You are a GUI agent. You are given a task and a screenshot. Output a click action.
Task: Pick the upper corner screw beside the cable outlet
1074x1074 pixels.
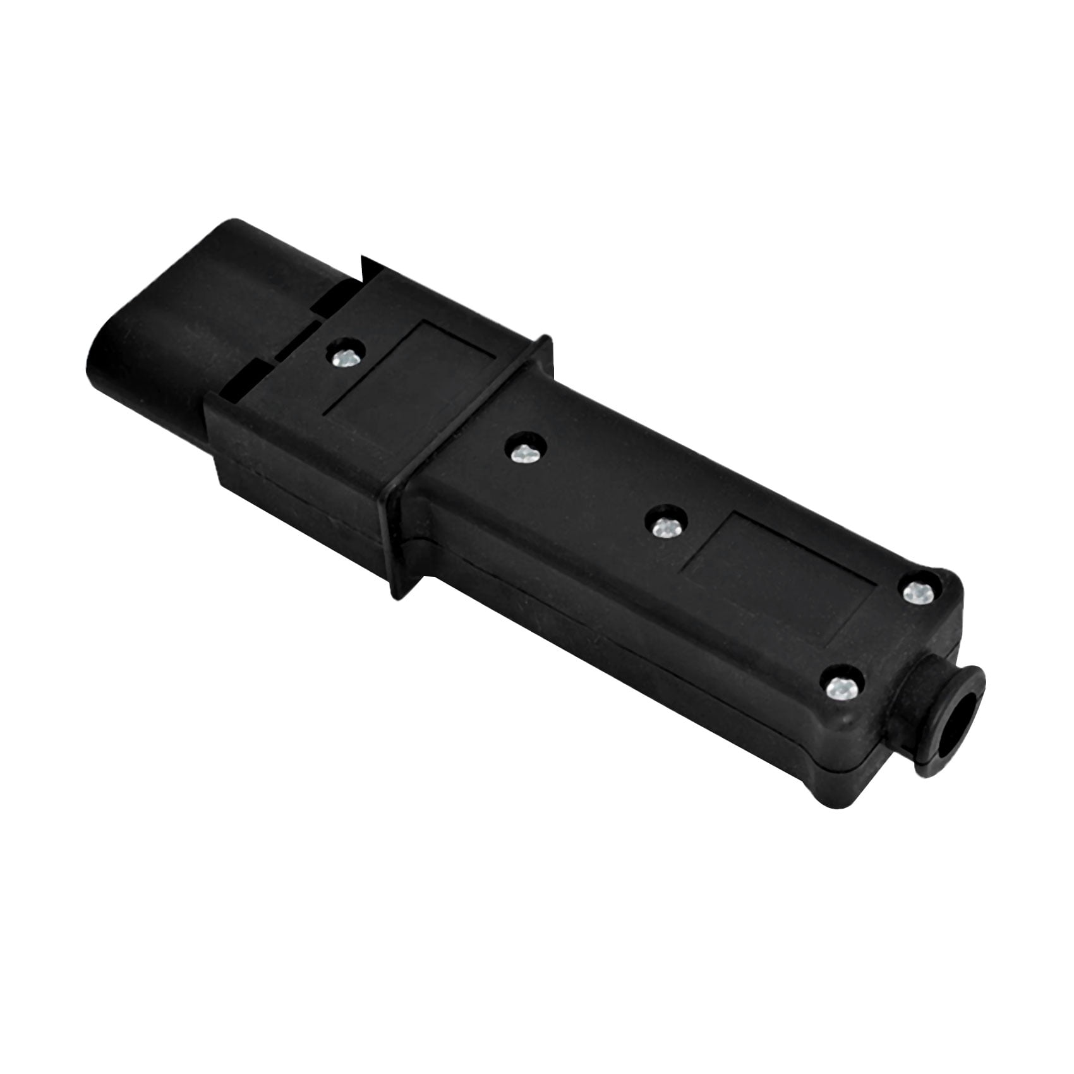917,593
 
